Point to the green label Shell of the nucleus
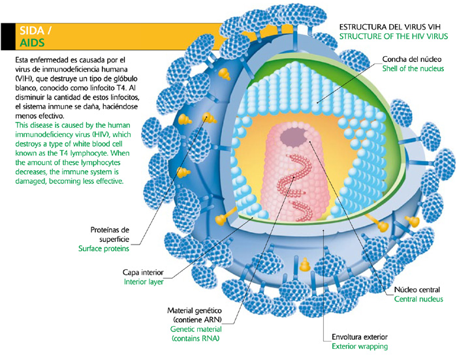pos(413,68)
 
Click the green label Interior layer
pos(144,282)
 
